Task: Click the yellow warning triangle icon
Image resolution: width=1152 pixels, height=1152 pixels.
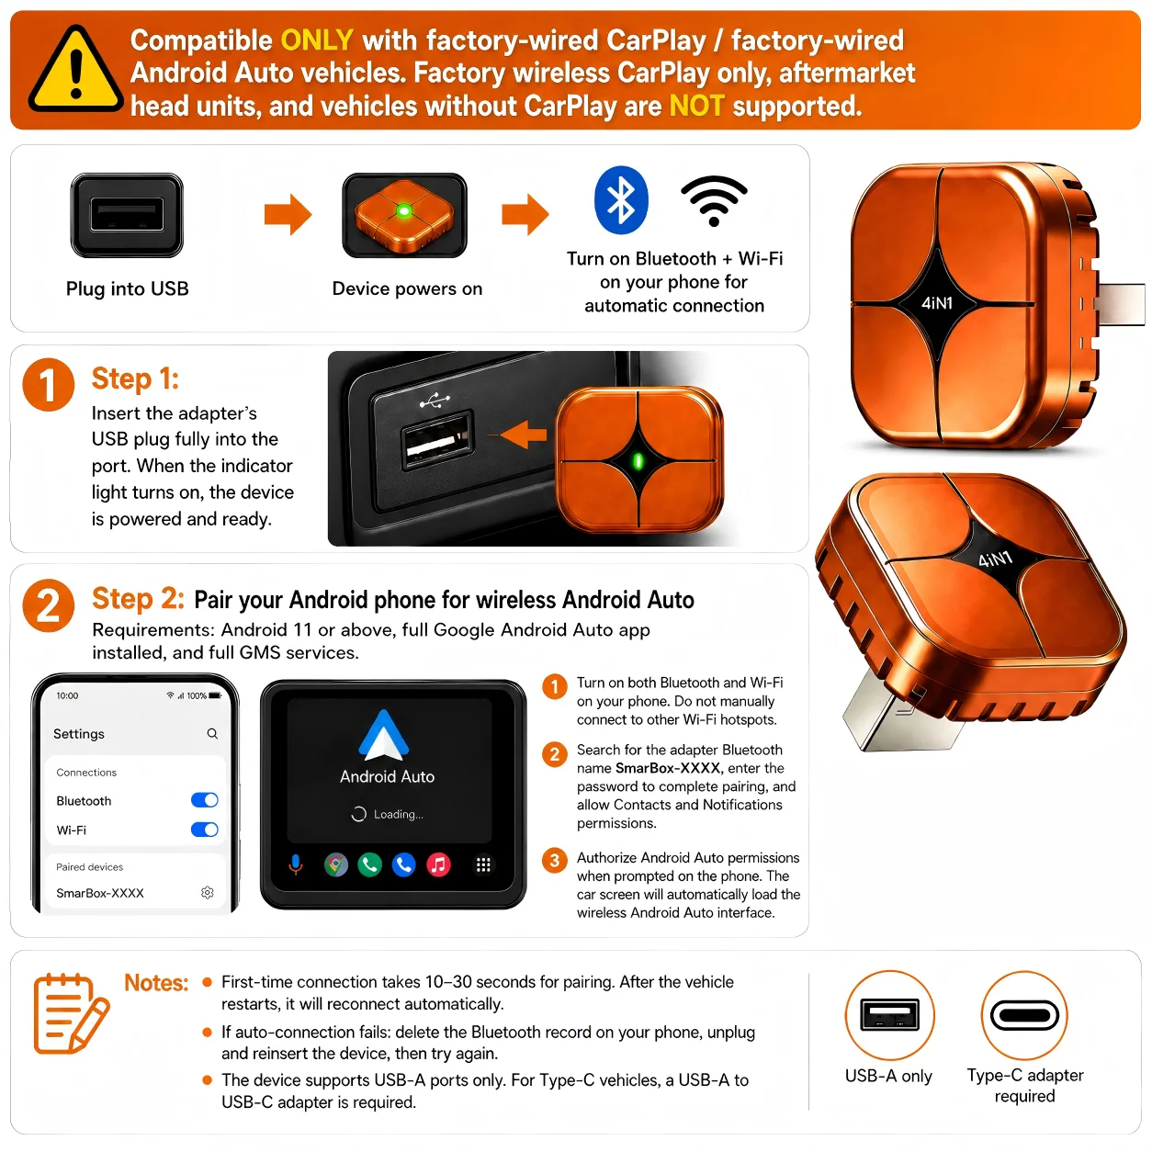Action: coord(75,71)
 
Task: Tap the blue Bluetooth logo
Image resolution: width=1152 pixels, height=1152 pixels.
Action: coord(620,199)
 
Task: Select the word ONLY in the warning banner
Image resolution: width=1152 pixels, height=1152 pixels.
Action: coord(317,40)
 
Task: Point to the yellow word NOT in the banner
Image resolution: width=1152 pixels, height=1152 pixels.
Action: coord(697,107)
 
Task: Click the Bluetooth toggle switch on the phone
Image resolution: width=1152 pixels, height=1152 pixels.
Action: coord(205,800)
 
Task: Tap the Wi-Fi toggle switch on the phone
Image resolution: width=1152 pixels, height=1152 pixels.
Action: coord(205,830)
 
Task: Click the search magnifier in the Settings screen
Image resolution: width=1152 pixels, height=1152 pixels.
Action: coord(212,733)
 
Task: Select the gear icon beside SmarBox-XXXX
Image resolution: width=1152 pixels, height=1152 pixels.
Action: coord(208,893)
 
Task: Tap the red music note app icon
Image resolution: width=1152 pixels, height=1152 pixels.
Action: coord(439,864)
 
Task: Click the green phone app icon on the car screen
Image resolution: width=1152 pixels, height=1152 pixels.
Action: coord(370,864)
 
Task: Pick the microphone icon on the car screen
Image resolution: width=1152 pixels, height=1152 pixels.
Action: coord(295,864)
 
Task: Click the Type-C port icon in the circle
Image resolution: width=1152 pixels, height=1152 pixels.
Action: coord(1024,1015)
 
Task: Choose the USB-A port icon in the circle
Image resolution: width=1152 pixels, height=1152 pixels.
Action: coord(889,1015)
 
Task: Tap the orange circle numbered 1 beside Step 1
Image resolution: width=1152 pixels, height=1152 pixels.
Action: coord(49,384)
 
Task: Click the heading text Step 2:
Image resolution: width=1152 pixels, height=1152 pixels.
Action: coord(138,599)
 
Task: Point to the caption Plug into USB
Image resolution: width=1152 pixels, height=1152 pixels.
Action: coord(128,288)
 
